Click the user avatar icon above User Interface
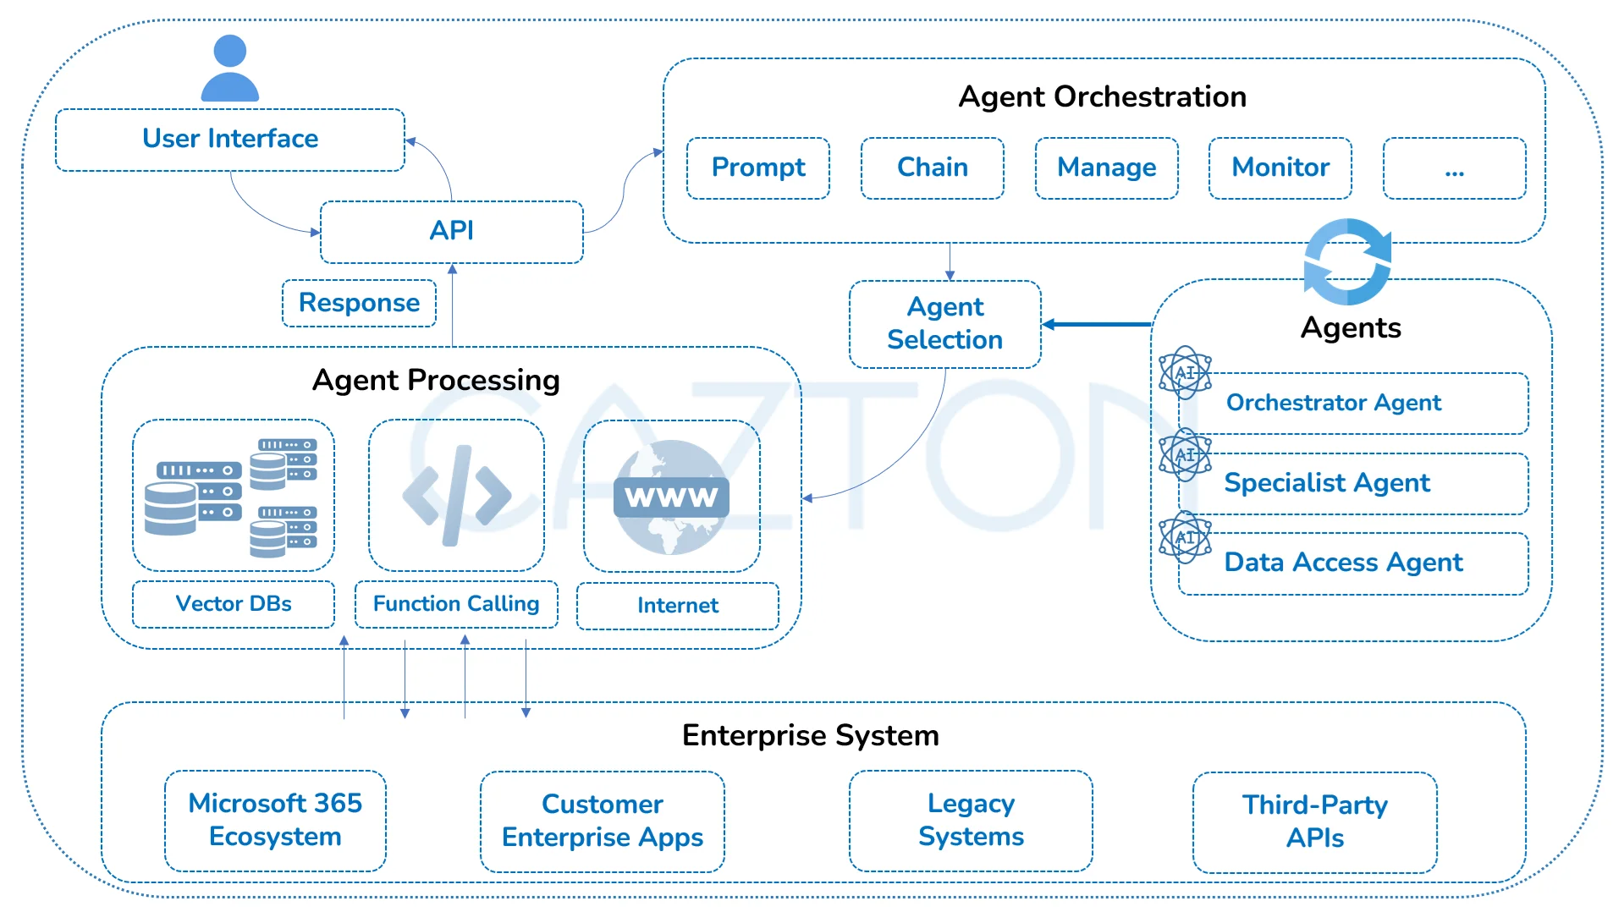[230, 68]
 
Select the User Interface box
[230, 140]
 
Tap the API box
[452, 232]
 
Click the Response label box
[359, 303]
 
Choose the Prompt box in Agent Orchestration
[758, 168]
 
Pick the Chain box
[933, 168]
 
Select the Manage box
[1107, 168]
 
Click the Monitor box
[1280, 168]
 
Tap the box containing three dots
[1455, 168]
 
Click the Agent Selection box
[945, 324]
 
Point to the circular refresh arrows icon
[1347, 261]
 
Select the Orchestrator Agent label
[1334, 403]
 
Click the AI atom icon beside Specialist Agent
[1185, 454]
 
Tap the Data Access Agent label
[1344, 563]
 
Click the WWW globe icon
[671, 497]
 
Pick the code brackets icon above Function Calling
[457, 496]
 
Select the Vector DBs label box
[234, 604]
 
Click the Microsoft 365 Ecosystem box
[275, 821]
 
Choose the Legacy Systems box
[971, 821]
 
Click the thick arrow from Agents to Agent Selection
[1097, 324]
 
